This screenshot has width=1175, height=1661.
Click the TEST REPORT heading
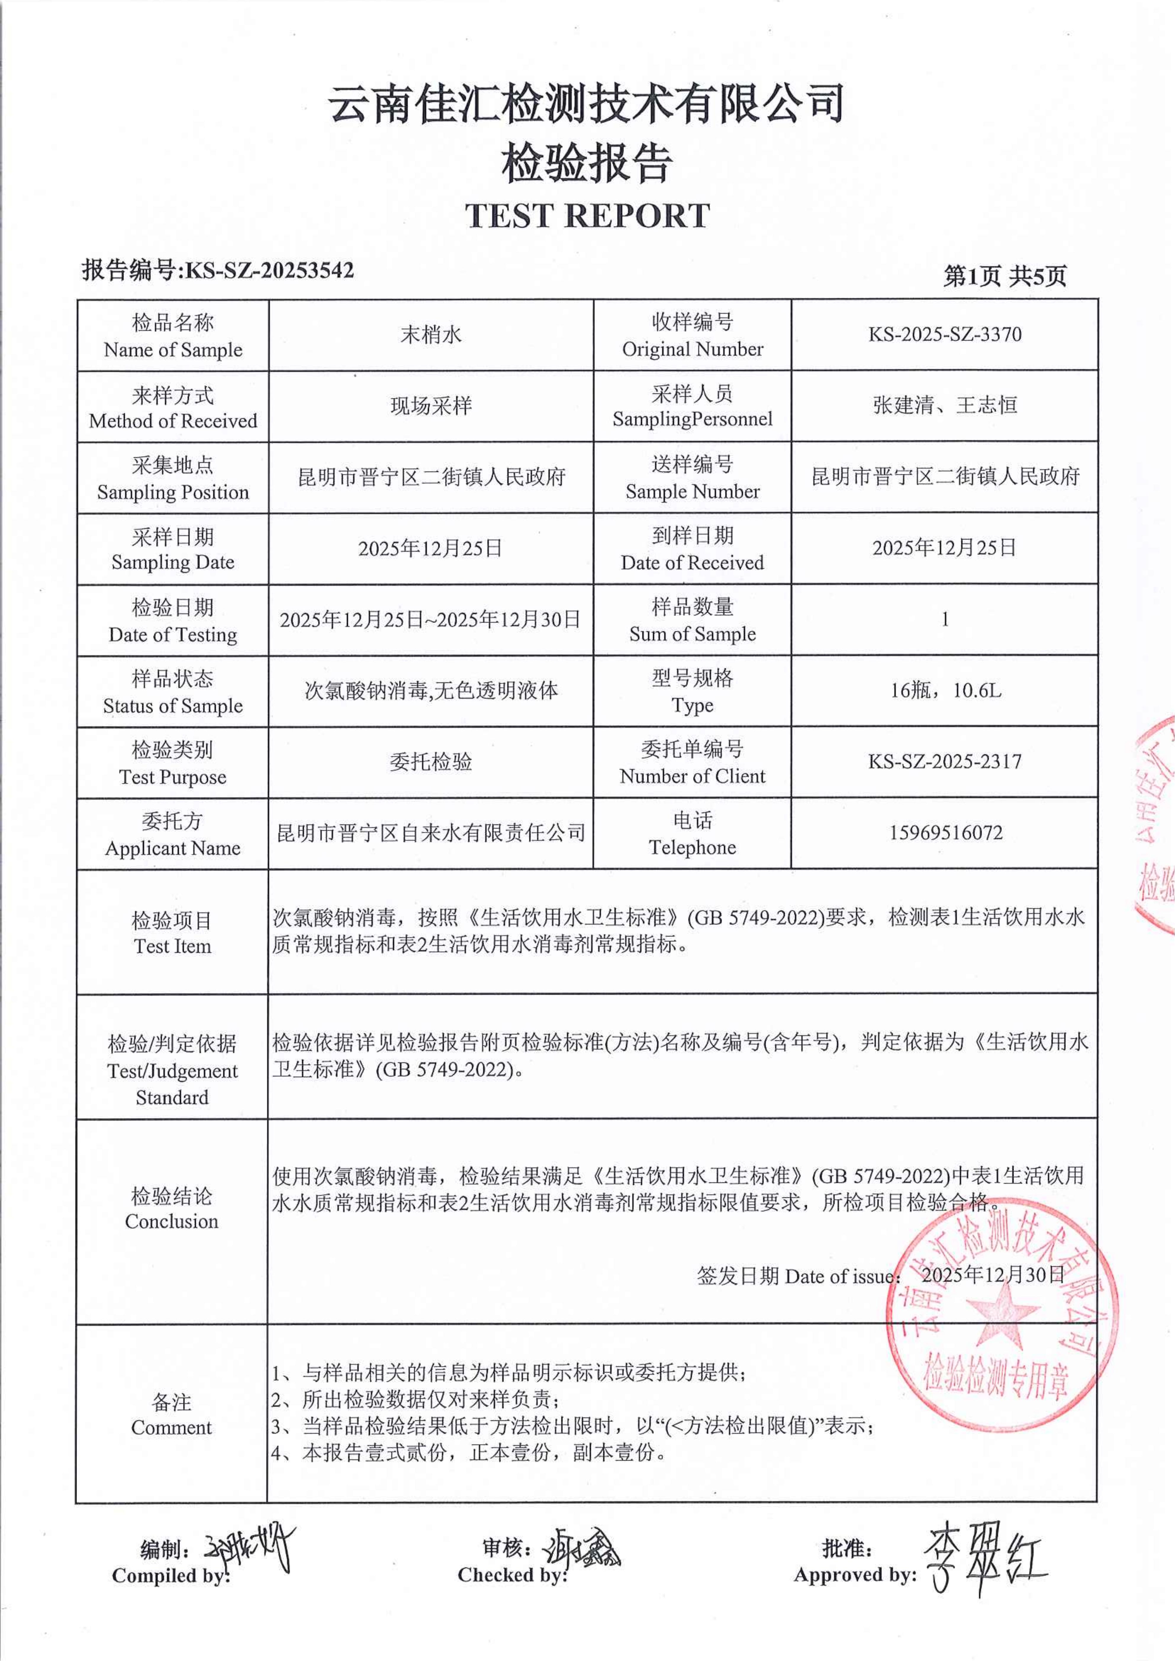click(x=587, y=216)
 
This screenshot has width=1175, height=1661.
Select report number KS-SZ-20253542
click(x=269, y=270)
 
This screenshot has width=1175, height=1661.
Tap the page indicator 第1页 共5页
click(x=1004, y=275)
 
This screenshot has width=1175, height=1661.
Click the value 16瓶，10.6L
click(x=945, y=690)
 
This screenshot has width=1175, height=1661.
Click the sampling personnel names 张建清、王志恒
click(x=945, y=405)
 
